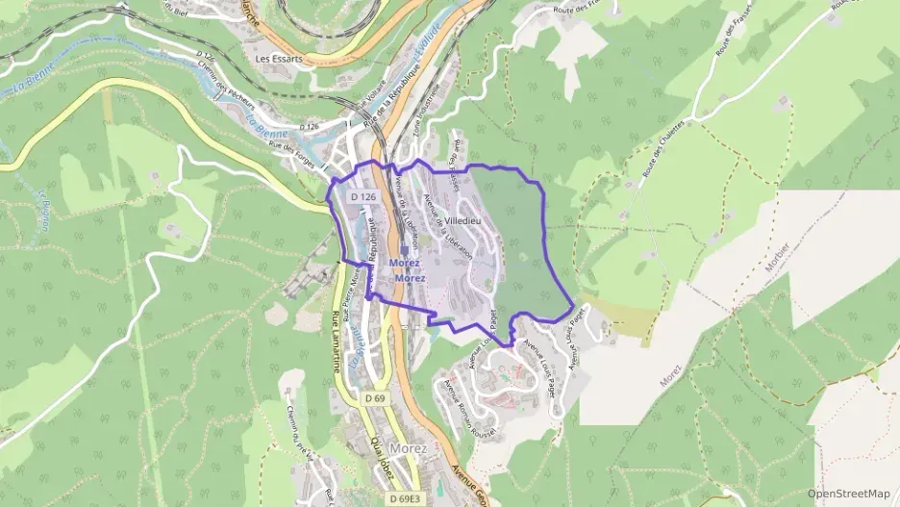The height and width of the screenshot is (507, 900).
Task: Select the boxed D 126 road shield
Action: [x=362, y=196]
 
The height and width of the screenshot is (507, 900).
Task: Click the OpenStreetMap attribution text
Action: [x=849, y=494]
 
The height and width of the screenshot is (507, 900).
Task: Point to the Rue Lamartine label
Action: [x=337, y=342]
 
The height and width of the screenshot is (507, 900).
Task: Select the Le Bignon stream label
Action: [x=42, y=209]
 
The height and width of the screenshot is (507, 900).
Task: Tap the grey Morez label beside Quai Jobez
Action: [x=409, y=448]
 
